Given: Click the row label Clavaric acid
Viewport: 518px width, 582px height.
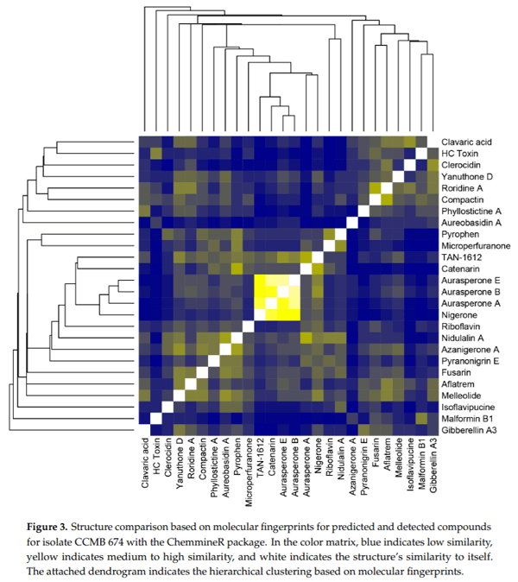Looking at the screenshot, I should tap(471, 142).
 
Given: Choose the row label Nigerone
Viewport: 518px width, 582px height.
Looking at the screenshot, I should tap(462, 315).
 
